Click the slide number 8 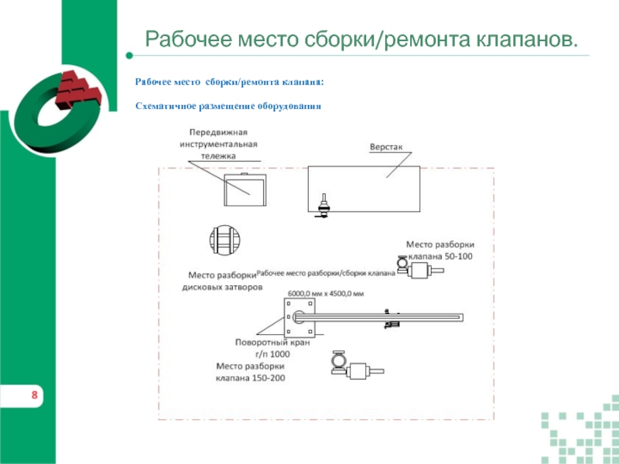point(35,397)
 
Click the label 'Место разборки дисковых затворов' point(223,281)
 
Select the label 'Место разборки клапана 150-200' point(251,372)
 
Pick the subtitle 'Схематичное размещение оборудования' point(227,105)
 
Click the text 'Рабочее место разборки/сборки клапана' point(325,273)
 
